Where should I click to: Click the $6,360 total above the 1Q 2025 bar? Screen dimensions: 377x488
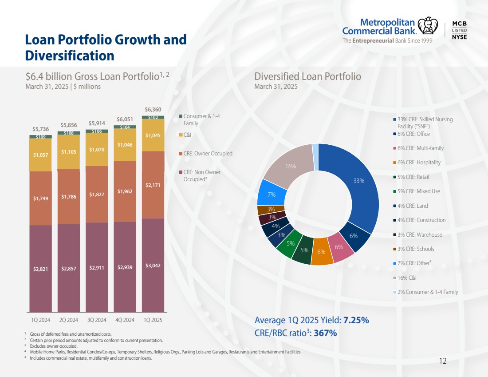point(153,109)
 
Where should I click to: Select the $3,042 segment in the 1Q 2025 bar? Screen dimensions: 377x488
point(153,266)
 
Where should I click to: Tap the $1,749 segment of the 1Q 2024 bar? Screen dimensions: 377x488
point(41,198)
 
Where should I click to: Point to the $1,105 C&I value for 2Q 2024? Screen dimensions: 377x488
point(69,152)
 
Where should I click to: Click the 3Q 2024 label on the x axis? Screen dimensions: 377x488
point(97,320)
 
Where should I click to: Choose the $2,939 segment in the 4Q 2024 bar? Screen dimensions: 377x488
point(125,267)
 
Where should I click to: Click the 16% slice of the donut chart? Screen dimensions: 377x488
point(291,166)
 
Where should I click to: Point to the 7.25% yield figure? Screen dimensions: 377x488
point(356,321)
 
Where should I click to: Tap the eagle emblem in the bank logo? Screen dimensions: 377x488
point(428,25)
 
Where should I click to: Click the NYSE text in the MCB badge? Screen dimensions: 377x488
point(459,37)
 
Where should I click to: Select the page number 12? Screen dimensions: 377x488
point(442,361)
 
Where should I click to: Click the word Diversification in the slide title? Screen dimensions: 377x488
point(70,56)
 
